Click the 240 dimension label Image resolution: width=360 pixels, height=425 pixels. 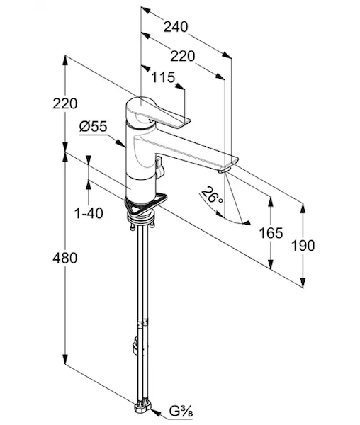pyautogui.click(x=175, y=27)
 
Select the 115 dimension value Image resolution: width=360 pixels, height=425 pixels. pyautogui.click(x=163, y=77)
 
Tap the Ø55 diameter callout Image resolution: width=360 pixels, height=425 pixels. pyautogui.click(x=94, y=127)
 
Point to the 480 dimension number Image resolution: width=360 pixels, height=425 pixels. pyautogui.click(x=65, y=258)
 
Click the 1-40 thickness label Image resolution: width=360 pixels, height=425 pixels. pyautogui.click(x=89, y=213)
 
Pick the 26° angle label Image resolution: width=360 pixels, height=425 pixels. pyautogui.click(x=213, y=195)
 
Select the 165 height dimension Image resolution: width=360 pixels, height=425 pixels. pyautogui.click(x=271, y=233)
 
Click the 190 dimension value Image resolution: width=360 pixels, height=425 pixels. pyautogui.click(x=303, y=246)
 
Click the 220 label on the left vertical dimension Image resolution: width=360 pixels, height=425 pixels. pyautogui.click(x=65, y=103)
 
